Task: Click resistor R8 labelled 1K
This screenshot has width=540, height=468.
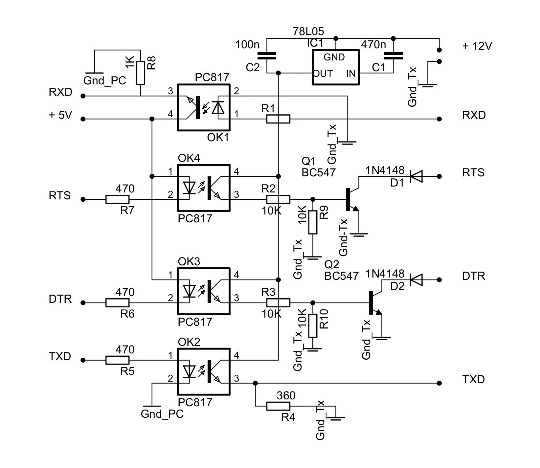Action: [140, 73]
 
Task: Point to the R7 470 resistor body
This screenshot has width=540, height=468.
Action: [117, 199]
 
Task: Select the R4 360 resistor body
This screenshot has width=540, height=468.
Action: [278, 406]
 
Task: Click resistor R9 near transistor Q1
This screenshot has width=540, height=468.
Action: [313, 222]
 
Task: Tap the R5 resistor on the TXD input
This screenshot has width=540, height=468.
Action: [117, 360]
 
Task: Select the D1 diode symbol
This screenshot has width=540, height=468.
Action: [416, 176]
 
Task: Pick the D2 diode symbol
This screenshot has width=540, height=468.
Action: [416, 280]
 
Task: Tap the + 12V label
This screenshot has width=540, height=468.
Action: [477, 46]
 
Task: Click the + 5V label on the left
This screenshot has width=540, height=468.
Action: [60, 115]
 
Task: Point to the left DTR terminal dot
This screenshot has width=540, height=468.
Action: [83, 303]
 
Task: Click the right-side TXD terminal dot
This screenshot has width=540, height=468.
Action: [439, 383]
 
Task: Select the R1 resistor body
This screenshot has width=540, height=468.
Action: [278, 119]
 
